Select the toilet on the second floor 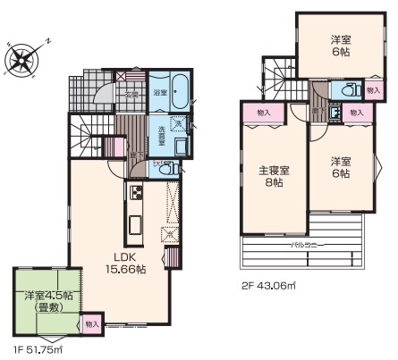[348, 89]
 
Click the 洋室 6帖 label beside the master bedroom [341, 167]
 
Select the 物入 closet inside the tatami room [91, 323]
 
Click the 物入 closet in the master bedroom [263, 112]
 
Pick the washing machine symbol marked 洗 [177, 124]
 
